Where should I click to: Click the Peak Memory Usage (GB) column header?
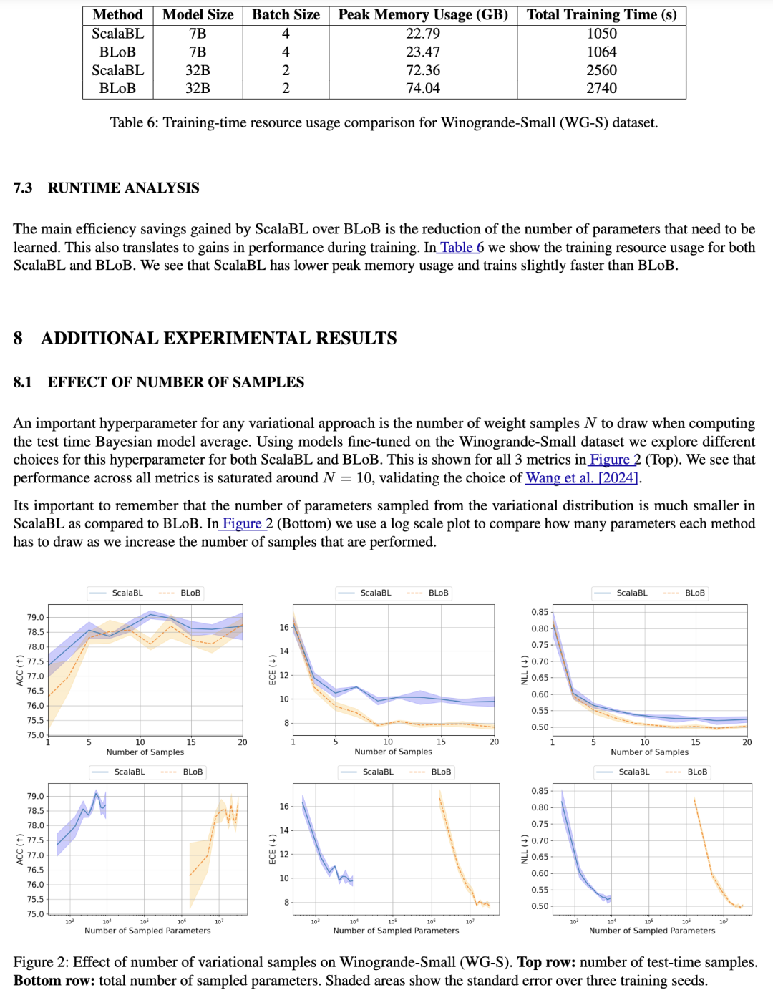pos(423,15)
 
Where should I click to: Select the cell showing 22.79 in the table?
pos(423,34)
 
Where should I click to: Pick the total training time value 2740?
pos(601,88)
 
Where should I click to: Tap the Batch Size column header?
pos(286,15)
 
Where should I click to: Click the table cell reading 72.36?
pos(423,70)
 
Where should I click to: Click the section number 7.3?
pos(23,188)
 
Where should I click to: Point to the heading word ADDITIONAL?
pos(102,338)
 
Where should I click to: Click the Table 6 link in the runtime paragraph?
pos(462,248)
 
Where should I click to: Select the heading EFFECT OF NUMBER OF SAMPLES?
pos(176,382)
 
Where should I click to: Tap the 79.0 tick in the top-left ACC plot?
pos(35,617)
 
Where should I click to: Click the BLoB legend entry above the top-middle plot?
pos(438,593)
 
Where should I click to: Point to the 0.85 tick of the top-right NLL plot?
pos(540,612)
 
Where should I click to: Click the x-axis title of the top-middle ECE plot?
pos(393,752)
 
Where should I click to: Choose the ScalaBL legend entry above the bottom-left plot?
pos(129,772)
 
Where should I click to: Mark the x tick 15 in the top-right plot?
pos(696,742)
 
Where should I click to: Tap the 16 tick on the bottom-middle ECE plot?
pos(284,807)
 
